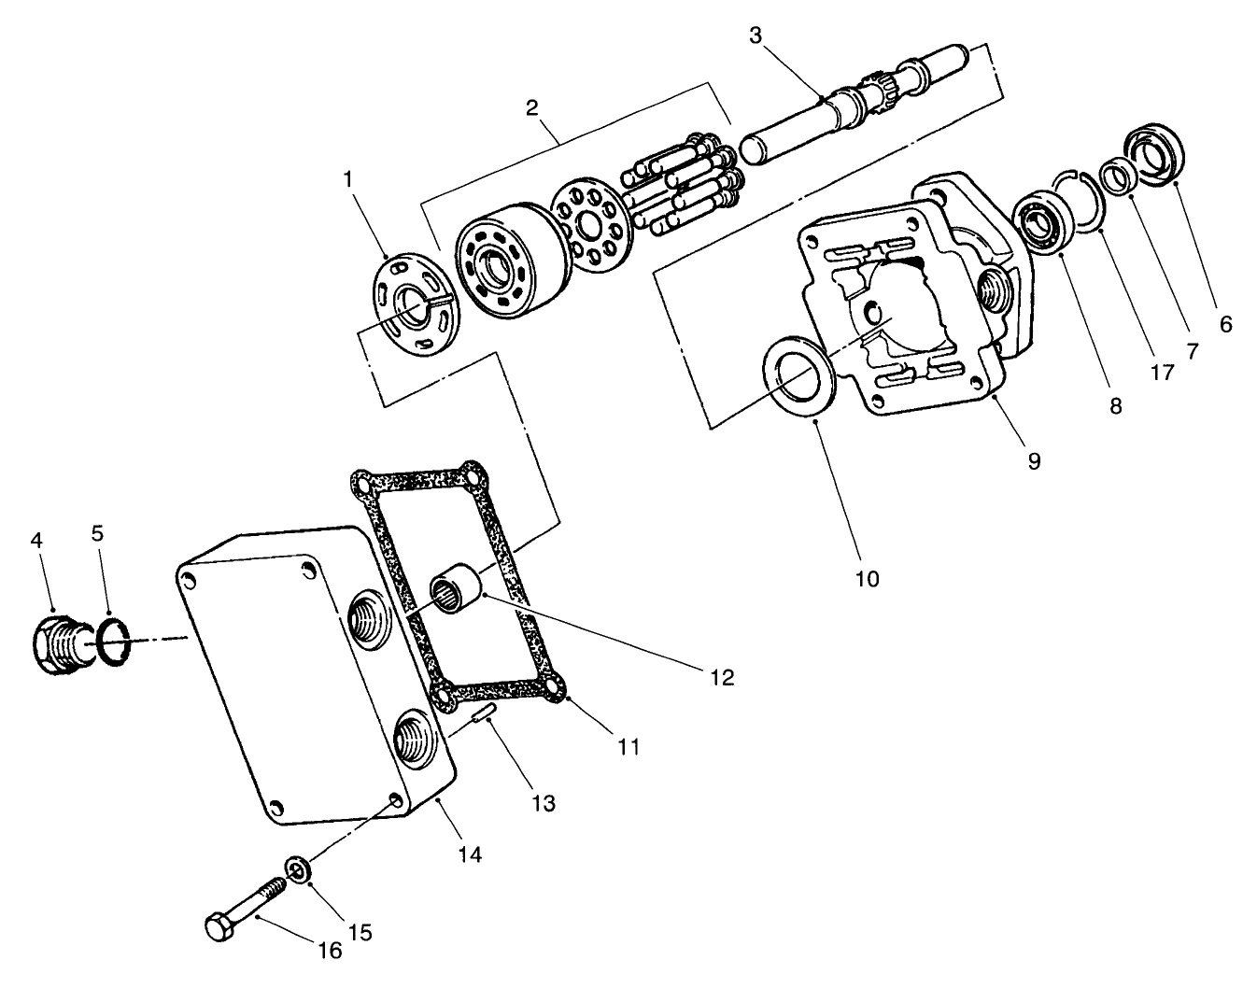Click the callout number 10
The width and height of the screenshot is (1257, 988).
click(866, 579)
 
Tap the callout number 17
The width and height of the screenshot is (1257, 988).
click(1161, 373)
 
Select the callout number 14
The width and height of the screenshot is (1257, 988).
click(470, 854)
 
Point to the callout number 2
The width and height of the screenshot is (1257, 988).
click(531, 106)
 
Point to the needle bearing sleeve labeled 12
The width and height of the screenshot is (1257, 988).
click(455, 595)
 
